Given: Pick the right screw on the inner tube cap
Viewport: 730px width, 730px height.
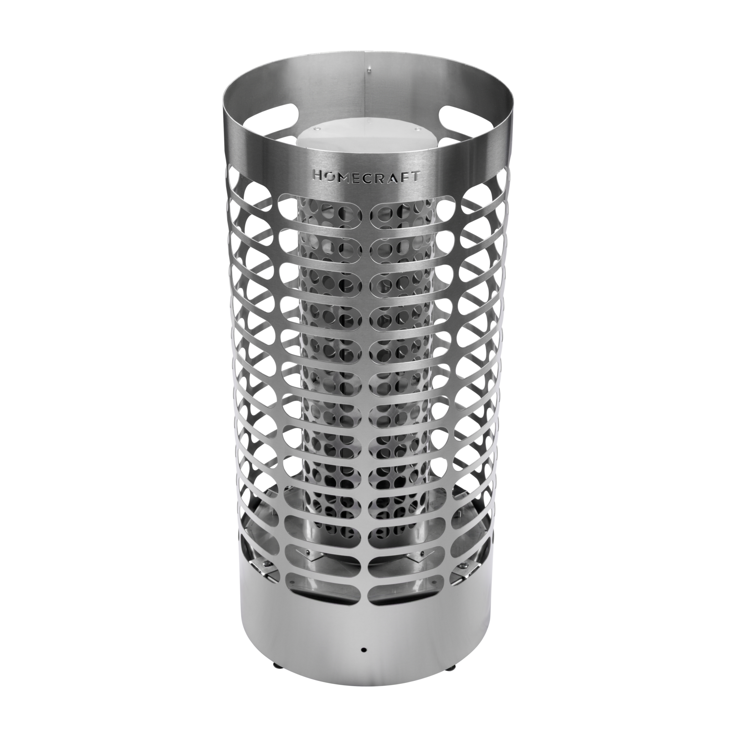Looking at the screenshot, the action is click(417, 131).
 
